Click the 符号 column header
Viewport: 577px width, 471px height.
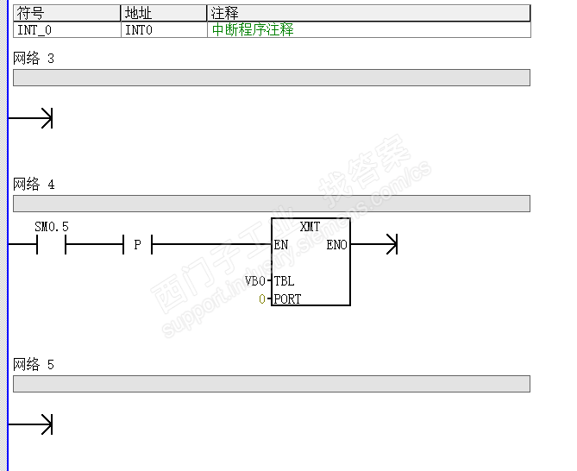click(30, 13)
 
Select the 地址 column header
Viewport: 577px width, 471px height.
click(138, 13)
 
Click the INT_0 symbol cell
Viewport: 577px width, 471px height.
click(34, 29)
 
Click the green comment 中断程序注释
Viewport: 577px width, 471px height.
click(253, 29)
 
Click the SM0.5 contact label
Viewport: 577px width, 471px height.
click(52, 227)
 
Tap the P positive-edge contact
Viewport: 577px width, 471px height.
click(137, 246)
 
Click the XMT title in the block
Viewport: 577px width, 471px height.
click(310, 227)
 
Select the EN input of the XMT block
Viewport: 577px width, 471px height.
click(281, 245)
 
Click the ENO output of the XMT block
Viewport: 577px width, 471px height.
click(336, 245)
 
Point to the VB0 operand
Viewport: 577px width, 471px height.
click(255, 281)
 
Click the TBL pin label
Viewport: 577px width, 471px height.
click(284, 281)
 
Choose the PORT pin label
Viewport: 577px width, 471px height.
click(287, 299)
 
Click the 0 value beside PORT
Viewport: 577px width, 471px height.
click(263, 299)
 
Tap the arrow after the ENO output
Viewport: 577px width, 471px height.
click(391, 245)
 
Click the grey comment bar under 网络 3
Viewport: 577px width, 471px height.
click(271, 78)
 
